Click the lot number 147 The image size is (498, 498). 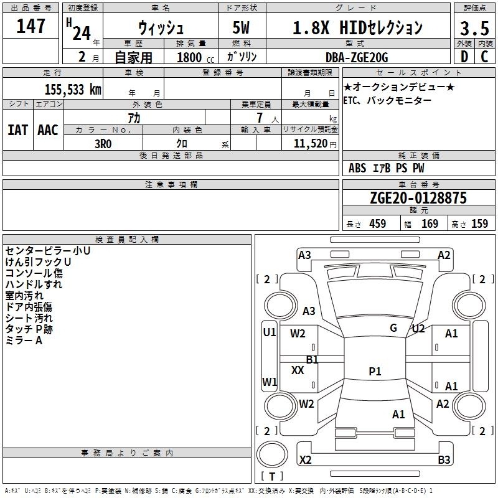(x=31, y=26)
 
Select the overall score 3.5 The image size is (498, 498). (x=474, y=28)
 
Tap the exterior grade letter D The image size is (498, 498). (x=464, y=57)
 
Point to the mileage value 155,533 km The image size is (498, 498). (x=73, y=90)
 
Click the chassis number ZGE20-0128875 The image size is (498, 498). (x=418, y=197)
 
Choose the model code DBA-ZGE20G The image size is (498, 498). (x=357, y=57)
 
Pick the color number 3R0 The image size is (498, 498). (x=103, y=144)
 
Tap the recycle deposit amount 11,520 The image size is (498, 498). (x=310, y=143)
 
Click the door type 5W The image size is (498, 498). (x=241, y=27)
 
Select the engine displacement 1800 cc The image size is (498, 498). (x=195, y=57)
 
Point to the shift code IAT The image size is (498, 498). (x=18, y=130)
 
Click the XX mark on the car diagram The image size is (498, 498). (x=298, y=370)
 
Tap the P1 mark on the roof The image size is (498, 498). (x=375, y=371)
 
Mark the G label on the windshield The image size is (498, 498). (x=393, y=327)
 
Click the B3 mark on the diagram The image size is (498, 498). (x=444, y=459)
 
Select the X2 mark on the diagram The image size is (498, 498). (x=305, y=459)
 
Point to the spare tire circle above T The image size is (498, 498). (x=272, y=454)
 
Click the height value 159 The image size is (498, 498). (x=479, y=223)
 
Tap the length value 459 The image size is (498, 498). (x=378, y=223)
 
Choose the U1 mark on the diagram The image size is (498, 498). (x=270, y=332)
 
